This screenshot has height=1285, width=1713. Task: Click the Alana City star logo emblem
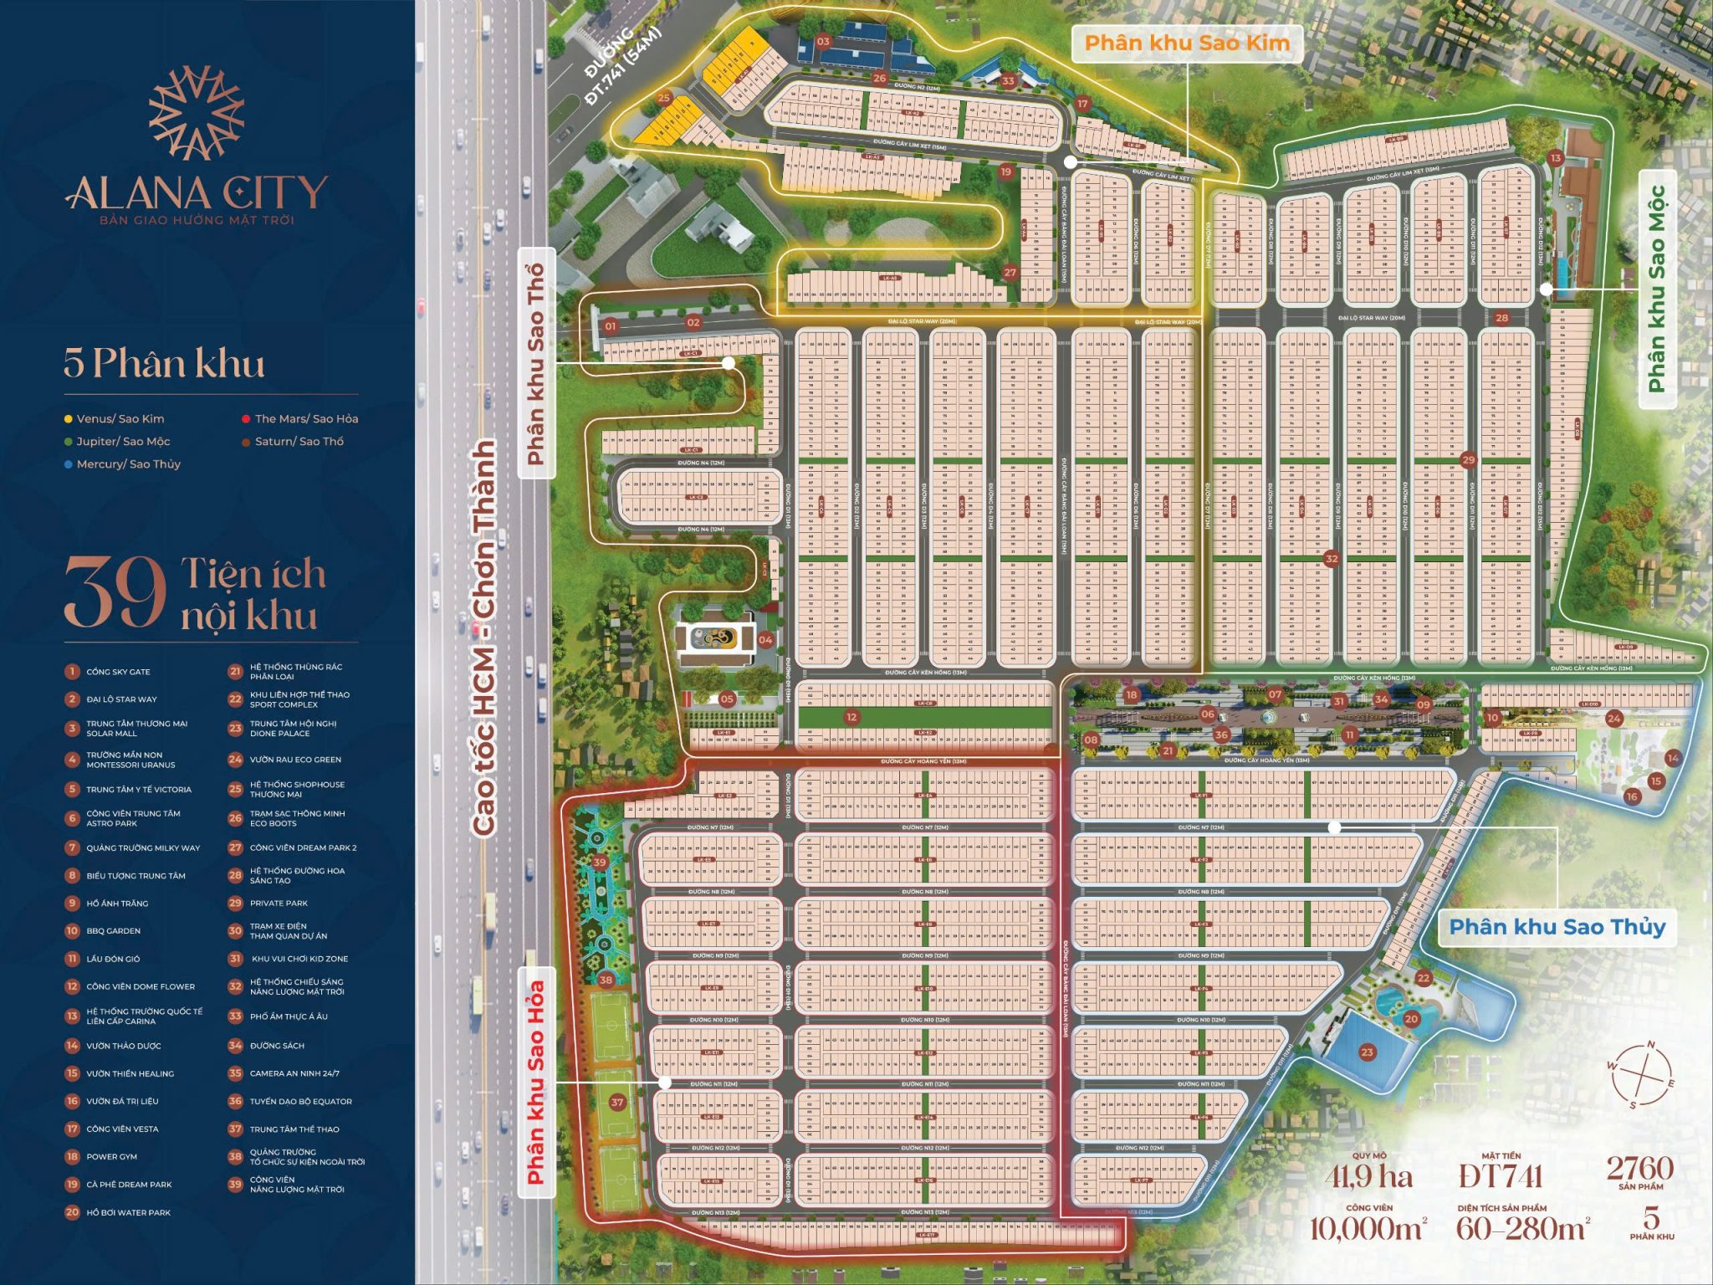(x=196, y=113)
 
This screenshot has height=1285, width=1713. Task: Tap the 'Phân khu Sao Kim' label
(x=1187, y=43)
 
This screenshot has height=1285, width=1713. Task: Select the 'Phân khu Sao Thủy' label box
(x=1557, y=927)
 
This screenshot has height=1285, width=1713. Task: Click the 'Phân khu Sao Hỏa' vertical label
(x=536, y=1083)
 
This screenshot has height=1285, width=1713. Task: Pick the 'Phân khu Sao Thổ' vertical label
(x=536, y=364)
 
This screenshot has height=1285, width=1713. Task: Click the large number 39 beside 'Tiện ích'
(x=115, y=593)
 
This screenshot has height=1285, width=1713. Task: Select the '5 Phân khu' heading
(x=164, y=363)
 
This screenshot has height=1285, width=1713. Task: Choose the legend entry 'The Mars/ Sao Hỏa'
(x=305, y=419)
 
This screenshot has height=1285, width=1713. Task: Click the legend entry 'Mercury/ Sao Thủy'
(x=128, y=464)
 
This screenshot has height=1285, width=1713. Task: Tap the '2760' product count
(x=1639, y=1168)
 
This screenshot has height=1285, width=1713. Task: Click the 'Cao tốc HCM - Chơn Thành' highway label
(x=485, y=636)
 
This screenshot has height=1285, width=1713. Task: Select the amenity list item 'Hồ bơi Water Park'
(x=128, y=1212)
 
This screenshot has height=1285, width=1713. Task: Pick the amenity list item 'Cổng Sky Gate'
(x=118, y=672)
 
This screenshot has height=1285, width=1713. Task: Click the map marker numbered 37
(x=617, y=1102)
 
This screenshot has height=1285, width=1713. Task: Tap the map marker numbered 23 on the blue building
(x=1367, y=1052)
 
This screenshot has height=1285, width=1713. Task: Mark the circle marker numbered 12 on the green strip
(x=851, y=717)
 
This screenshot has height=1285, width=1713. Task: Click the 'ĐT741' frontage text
(x=1501, y=1177)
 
